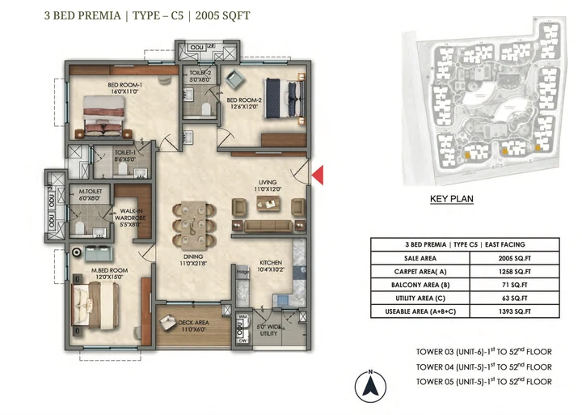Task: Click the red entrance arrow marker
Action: [318, 175]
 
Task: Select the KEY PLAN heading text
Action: [451, 198]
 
